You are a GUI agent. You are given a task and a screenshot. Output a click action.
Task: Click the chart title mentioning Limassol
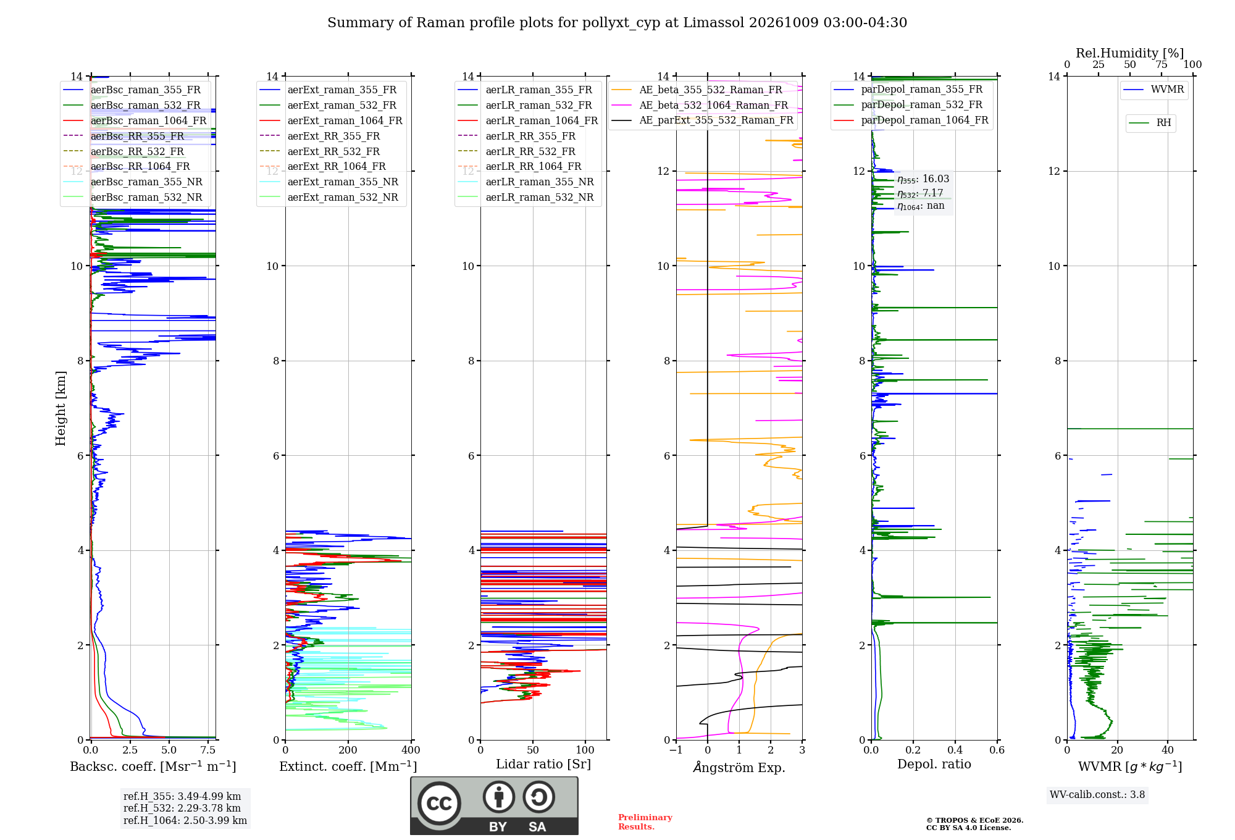pos(617,23)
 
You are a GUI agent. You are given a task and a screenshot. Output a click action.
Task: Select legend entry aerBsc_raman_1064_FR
pos(135,120)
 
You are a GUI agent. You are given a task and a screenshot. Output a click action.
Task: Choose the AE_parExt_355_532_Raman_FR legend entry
pos(703,120)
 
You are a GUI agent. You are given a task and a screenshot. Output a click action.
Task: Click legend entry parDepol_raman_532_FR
pos(908,104)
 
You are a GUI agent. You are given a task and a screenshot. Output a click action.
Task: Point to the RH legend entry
pos(1150,123)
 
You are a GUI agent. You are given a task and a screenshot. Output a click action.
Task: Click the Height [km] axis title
pos(61,408)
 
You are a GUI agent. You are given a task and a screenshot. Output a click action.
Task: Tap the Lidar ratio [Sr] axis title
pos(543,764)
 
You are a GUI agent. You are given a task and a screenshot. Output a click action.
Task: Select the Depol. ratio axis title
pos(934,764)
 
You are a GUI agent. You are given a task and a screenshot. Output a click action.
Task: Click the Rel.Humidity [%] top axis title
pos(1130,53)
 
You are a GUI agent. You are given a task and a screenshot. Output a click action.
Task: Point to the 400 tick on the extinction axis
pos(411,750)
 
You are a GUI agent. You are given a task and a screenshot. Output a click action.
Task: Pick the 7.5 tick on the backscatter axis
pos(208,750)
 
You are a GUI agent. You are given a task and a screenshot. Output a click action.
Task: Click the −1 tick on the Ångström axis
pos(676,750)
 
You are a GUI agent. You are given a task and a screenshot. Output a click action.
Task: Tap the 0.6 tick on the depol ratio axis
pos(997,750)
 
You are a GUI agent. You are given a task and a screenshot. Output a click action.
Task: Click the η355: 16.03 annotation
pos(923,179)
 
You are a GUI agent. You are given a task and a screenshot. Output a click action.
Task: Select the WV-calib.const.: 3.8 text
pos(1097,795)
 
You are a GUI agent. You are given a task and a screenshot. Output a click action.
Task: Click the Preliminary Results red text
pos(645,822)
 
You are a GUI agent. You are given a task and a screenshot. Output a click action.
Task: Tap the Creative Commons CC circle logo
pos(439,804)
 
